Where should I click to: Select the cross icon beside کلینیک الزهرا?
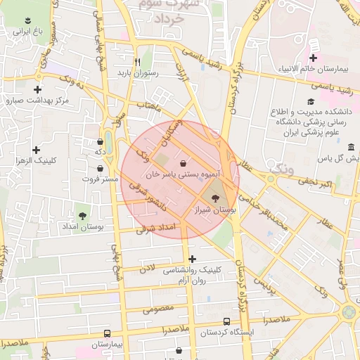click(x=36, y=150)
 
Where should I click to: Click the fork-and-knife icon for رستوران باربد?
click(x=127, y=61)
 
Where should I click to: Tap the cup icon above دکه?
click(x=100, y=141)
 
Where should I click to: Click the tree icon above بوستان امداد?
click(x=83, y=216)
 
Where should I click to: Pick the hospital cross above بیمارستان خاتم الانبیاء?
click(x=314, y=58)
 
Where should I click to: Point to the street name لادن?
click(x=146, y=268)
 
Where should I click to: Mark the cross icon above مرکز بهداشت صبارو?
click(x=37, y=89)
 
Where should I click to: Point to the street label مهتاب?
click(x=149, y=105)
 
